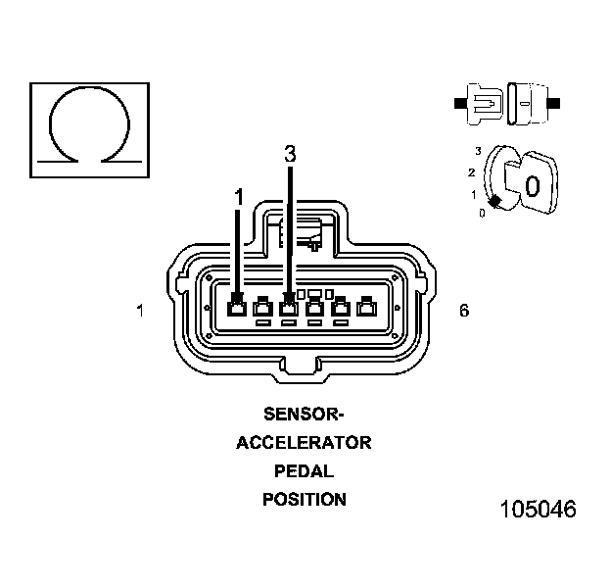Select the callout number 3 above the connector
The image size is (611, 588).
[x=289, y=154]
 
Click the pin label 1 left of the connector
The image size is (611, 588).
[x=141, y=311]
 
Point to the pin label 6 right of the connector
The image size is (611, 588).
[x=464, y=311]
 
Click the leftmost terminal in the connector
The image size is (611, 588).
[x=237, y=308]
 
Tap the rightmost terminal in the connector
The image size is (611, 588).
[x=366, y=308]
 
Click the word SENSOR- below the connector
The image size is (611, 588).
[x=304, y=413]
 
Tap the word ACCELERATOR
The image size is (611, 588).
[x=304, y=442]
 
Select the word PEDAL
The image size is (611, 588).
[x=304, y=470]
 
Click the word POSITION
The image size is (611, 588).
[x=304, y=499]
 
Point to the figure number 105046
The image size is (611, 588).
[x=538, y=510]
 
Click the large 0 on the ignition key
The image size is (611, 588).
[x=532, y=185]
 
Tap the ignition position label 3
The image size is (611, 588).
[x=478, y=150]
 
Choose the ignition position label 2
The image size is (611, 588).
[x=471, y=172]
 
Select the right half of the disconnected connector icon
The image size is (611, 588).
[x=531, y=102]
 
